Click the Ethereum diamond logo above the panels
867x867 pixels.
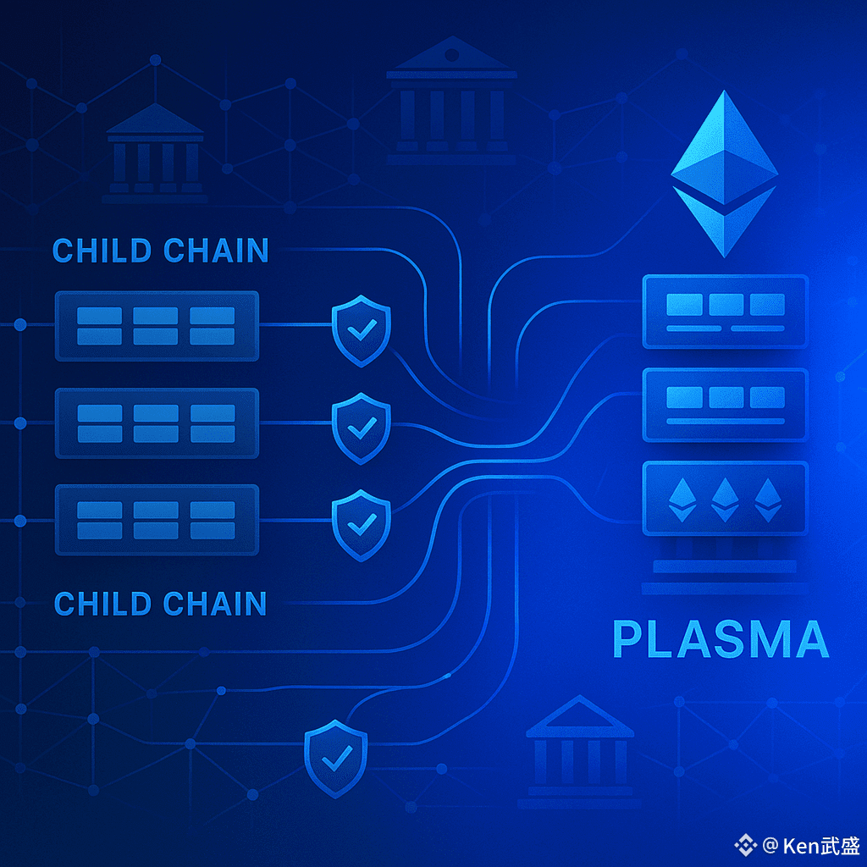(x=723, y=174)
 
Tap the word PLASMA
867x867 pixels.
(x=721, y=640)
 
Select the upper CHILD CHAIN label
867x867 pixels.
(x=161, y=251)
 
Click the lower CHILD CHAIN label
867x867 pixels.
(x=161, y=604)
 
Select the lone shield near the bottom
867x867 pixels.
(x=335, y=759)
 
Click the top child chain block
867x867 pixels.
(x=157, y=326)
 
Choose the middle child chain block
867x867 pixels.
(x=157, y=423)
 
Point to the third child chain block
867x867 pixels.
(x=157, y=520)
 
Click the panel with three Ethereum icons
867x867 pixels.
(x=726, y=499)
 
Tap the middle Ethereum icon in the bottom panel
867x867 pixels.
(x=726, y=499)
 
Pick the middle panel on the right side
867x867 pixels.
(x=726, y=404)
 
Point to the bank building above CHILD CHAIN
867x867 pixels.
(x=155, y=154)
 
